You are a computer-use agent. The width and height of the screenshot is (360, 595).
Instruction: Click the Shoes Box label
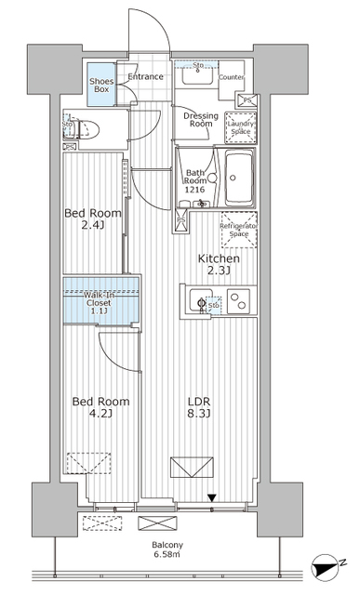(100, 85)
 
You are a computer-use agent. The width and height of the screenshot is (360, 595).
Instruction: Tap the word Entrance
(145, 76)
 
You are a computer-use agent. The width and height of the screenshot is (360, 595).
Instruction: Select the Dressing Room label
(200, 120)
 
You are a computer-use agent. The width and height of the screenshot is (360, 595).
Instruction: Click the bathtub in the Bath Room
(244, 176)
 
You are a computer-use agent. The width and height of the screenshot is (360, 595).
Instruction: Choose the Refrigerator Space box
(238, 231)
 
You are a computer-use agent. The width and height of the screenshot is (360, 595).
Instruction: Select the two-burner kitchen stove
(239, 301)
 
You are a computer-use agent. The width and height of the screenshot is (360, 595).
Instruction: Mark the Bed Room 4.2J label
(100, 408)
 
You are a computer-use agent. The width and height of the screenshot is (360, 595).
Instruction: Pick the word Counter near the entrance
(231, 76)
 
